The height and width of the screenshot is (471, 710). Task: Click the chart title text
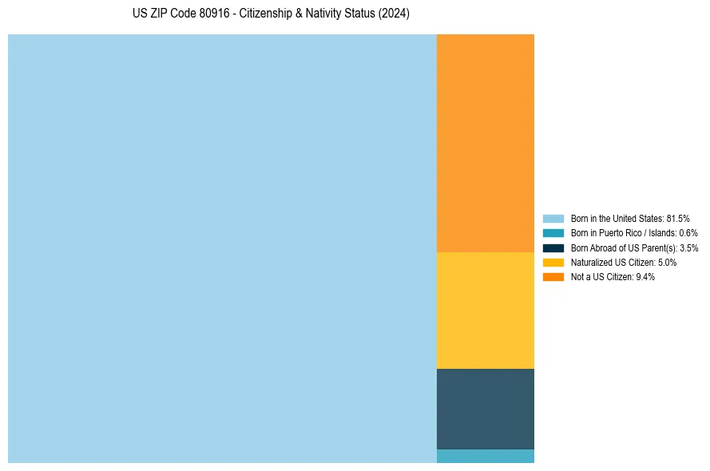pyautogui.click(x=271, y=14)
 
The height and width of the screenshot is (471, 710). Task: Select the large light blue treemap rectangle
pyautogui.click(x=222, y=248)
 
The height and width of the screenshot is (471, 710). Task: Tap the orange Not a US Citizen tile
pyautogui.click(x=486, y=143)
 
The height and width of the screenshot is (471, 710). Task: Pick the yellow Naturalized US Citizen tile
pyautogui.click(x=486, y=311)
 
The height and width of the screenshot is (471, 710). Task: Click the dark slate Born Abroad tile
pyautogui.click(x=486, y=409)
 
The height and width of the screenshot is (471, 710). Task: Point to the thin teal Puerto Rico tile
pyautogui.click(x=486, y=457)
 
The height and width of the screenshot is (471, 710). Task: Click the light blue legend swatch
pyautogui.click(x=553, y=219)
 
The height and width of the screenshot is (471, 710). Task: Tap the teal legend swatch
pyautogui.click(x=553, y=233)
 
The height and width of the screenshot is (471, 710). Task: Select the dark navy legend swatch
pyautogui.click(x=553, y=248)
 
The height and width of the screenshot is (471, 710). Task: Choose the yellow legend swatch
pyautogui.click(x=553, y=263)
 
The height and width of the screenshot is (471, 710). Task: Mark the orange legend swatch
pyautogui.click(x=553, y=277)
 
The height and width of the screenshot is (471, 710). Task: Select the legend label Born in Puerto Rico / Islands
pyautogui.click(x=624, y=233)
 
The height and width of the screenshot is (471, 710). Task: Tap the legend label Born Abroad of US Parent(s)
pyautogui.click(x=624, y=248)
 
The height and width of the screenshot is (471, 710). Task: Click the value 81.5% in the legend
pyautogui.click(x=678, y=219)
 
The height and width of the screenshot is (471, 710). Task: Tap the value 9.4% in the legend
pyautogui.click(x=645, y=277)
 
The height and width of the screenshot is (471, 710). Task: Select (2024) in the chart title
pyautogui.click(x=395, y=14)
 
